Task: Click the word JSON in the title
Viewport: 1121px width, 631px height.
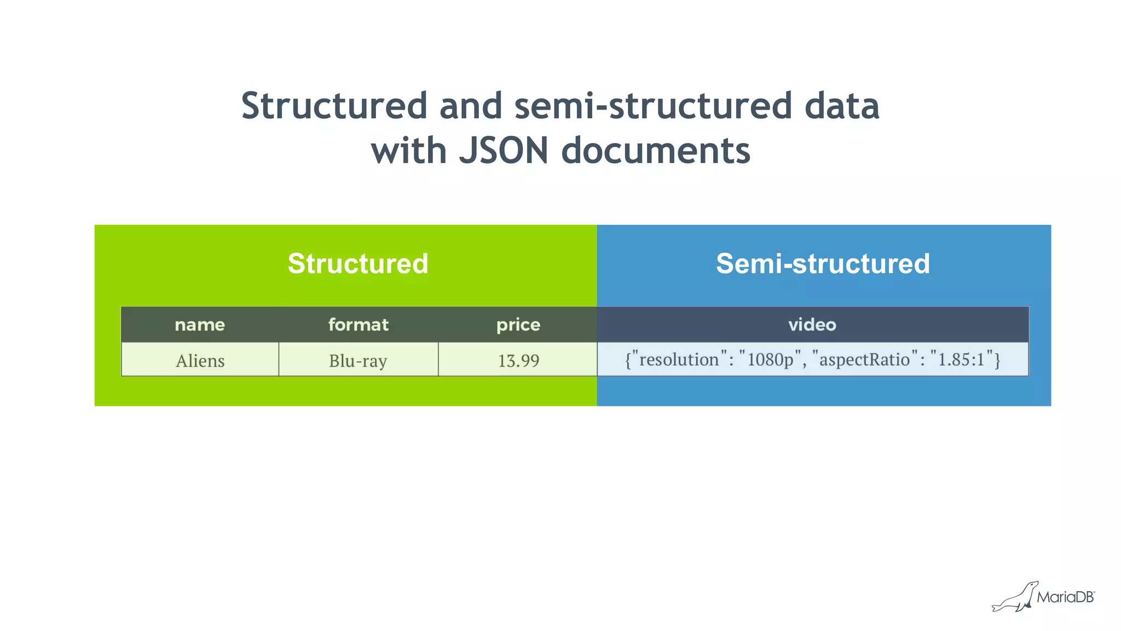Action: click(504, 151)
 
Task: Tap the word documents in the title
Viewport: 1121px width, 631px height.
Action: click(656, 151)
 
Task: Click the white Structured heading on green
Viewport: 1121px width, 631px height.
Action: click(358, 264)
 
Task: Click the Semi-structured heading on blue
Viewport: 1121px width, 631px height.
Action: click(823, 264)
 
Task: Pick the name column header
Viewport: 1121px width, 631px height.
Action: click(200, 325)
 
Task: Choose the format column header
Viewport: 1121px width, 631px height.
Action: click(359, 325)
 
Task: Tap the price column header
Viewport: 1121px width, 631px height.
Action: click(518, 325)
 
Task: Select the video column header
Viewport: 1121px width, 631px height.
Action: click(812, 325)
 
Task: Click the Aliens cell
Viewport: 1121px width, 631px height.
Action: click(200, 361)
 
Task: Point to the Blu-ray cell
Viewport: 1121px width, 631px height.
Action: click(358, 361)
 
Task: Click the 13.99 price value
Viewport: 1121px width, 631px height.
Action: click(518, 361)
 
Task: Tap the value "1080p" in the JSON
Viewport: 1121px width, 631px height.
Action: click(770, 360)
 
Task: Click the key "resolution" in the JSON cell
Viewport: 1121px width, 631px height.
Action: click(679, 360)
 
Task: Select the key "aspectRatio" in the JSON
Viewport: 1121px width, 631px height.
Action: click(864, 360)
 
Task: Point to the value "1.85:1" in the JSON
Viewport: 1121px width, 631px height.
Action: click(961, 360)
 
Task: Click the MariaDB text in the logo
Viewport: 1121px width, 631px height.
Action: click(1065, 597)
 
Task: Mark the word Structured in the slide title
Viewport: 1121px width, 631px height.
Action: click(334, 106)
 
